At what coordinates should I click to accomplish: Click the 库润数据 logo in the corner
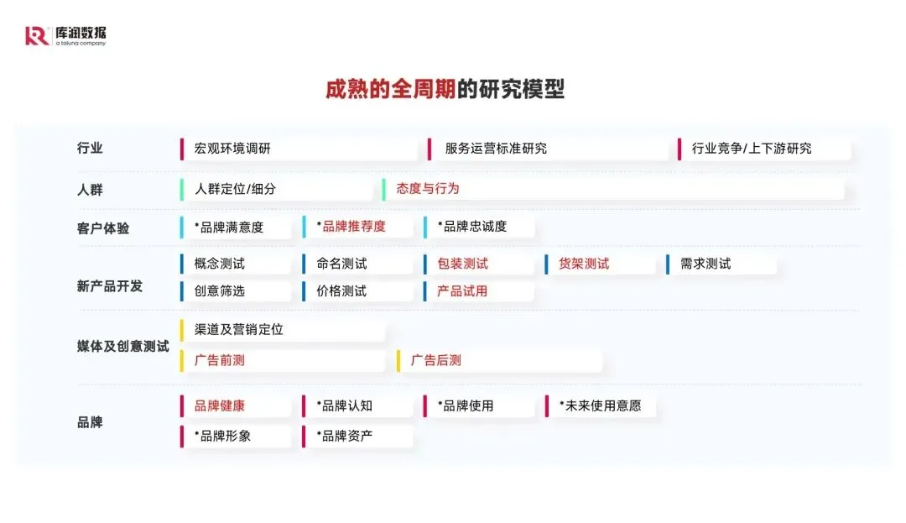point(65,36)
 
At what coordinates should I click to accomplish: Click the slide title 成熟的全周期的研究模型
point(445,90)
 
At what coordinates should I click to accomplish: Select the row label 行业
point(90,149)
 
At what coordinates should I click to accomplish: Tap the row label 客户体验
point(103,228)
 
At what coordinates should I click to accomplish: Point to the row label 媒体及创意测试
point(122,346)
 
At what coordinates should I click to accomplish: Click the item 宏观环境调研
point(232,149)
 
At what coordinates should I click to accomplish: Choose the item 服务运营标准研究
point(496,149)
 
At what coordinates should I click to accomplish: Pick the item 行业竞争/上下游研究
point(751,149)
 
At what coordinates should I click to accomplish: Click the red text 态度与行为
point(428,189)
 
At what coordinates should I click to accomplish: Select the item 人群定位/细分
point(235,189)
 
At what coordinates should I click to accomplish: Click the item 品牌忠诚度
point(472,227)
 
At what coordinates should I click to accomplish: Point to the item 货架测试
point(584,264)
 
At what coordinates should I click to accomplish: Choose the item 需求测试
point(706,264)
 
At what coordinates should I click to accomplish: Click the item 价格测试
point(341,291)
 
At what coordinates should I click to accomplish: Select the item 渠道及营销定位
point(238,330)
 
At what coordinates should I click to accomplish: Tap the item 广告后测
point(435,361)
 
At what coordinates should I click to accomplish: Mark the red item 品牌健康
point(220,405)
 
